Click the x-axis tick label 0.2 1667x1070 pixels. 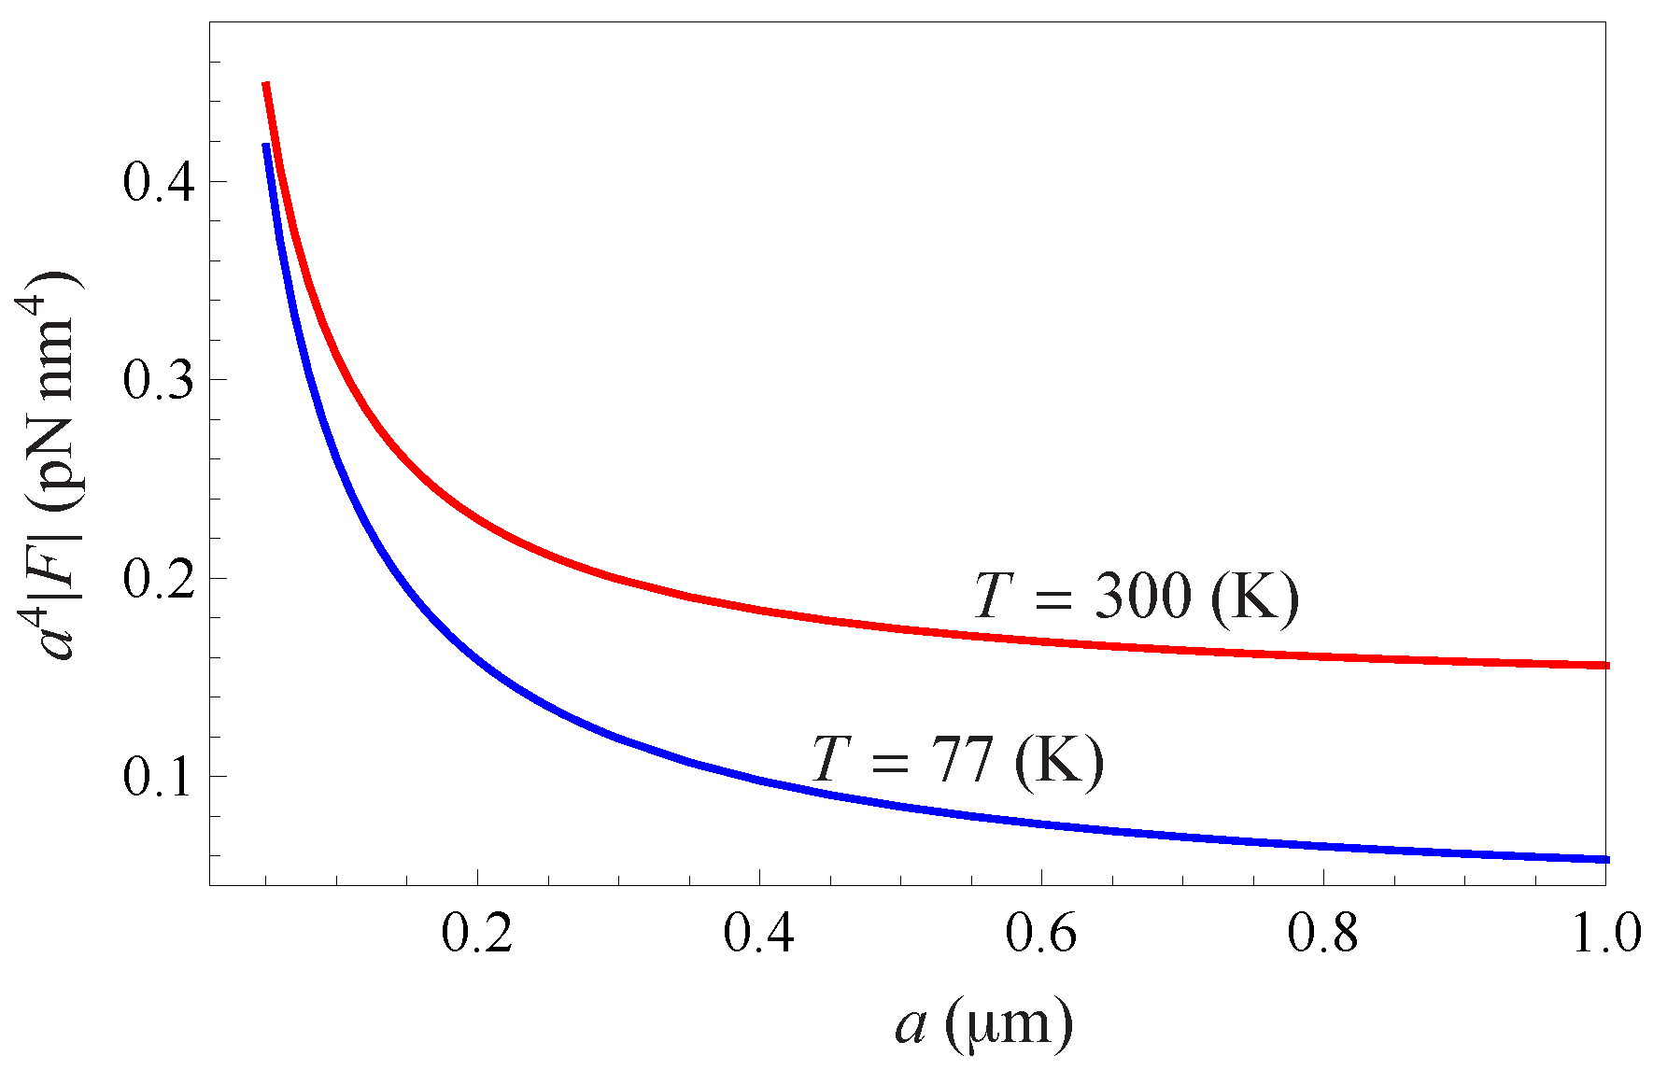(x=477, y=935)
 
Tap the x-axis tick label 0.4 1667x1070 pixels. (x=759, y=935)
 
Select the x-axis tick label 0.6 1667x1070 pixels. (x=1041, y=935)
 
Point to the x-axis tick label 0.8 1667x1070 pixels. (x=1323, y=935)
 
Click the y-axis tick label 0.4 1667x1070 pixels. (x=160, y=182)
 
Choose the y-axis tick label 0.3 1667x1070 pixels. (x=160, y=381)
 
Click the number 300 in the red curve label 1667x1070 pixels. (x=1143, y=597)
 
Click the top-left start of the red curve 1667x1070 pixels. (x=266, y=85)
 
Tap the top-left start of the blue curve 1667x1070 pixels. (x=266, y=147)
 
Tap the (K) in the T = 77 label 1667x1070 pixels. (x=1059, y=760)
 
